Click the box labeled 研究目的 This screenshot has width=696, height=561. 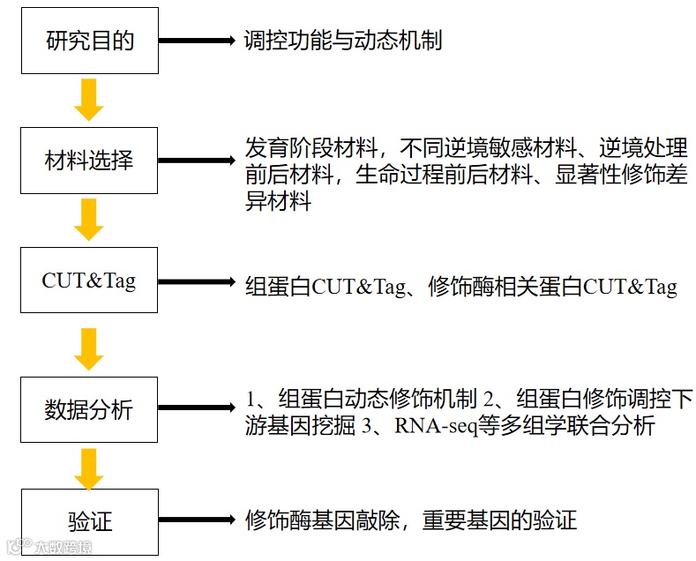pos(89,41)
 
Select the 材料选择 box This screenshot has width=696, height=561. pos(89,161)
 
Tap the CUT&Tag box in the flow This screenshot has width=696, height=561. pos(89,280)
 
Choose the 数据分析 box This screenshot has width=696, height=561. pos(89,409)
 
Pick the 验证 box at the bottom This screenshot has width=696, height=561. pos(89,520)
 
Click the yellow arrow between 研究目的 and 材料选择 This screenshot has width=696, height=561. pos(88,99)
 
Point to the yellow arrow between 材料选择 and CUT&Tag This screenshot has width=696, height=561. pos(88,220)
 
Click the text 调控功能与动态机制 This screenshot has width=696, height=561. pos(343,41)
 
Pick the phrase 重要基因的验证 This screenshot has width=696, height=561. pos(499,520)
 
